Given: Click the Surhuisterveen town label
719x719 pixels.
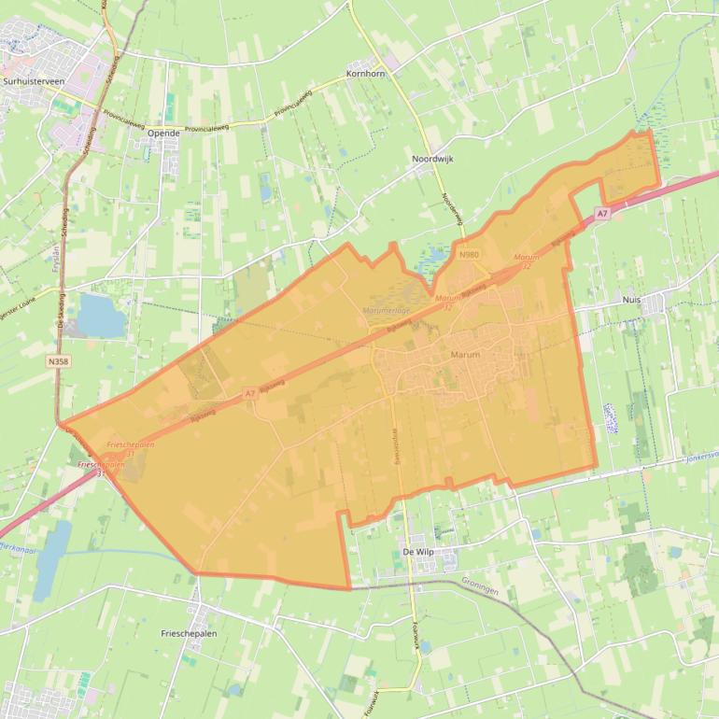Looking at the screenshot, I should [35, 81].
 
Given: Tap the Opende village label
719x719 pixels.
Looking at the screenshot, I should [162, 134].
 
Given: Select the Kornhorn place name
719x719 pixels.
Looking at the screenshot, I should [365, 73].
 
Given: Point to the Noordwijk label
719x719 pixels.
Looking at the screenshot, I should [432, 160].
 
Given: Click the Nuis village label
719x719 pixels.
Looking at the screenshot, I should [631, 300].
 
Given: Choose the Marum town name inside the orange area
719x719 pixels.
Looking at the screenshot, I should [465, 355].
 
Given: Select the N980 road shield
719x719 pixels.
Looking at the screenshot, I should [468, 254].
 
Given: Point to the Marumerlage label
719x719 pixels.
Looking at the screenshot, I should [388, 310].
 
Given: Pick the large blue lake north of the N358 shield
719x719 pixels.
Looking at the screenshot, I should [100, 316].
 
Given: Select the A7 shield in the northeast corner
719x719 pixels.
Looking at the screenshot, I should [603, 214].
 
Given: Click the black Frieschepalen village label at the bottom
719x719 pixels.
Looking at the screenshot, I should [189, 633].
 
